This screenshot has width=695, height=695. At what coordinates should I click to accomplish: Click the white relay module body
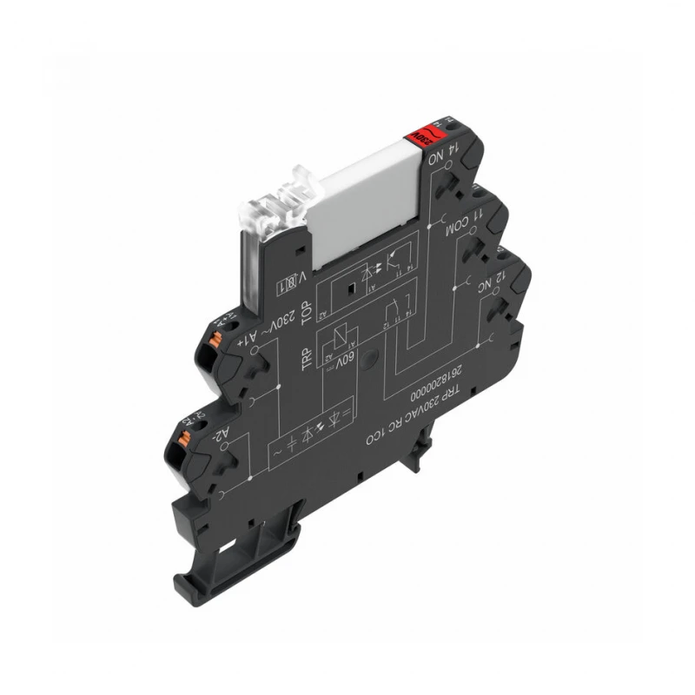(x=365, y=208)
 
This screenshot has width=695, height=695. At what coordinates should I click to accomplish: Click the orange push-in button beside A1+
(x=215, y=328)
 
